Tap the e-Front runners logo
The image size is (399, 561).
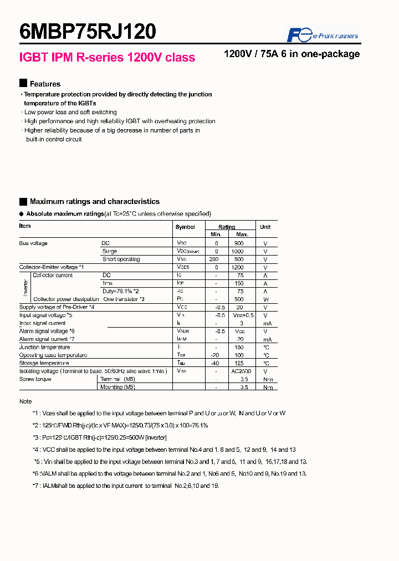[322, 35]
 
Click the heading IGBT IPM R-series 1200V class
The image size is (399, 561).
[107, 58]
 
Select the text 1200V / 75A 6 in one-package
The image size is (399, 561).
[291, 54]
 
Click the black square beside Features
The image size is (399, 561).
[23, 84]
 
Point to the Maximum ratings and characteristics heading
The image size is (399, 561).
[94, 202]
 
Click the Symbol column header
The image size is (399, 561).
[185, 227]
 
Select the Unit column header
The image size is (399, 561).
[265, 227]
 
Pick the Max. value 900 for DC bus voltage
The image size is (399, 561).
[239, 243]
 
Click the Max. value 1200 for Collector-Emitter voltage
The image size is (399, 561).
[239, 267]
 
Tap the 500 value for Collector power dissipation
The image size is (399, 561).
[239, 299]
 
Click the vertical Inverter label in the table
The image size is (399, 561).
[25, 287]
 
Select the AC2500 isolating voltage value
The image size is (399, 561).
[239, 371]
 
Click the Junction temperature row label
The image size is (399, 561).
[45, 347]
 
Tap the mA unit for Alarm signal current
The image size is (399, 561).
[266, 339]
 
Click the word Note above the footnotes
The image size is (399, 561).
[25, 401]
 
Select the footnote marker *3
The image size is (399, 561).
[35, 437]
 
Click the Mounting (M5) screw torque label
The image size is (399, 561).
[117, 387]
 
